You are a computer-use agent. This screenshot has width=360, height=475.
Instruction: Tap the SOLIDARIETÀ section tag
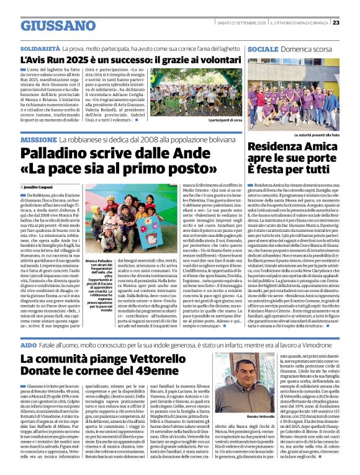tap(40, 47)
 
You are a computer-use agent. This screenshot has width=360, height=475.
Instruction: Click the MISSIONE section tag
tap(38, 141)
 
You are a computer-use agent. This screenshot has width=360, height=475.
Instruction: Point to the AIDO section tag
tap(29, 344)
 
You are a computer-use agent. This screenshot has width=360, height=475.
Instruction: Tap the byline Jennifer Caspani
tap(40, 186)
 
